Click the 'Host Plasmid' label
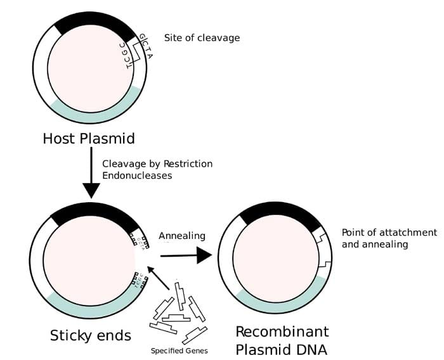click(x=89, y=138)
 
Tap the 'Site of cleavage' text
click(x=202, y=38)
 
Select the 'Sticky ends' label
click(x=90, y=335)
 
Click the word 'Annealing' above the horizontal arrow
click(x=182, y=236)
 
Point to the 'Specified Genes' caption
click(x=180, y=350)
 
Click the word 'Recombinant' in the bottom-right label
click(x=282, y=332)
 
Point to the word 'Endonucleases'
click(x=137, y=176)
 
